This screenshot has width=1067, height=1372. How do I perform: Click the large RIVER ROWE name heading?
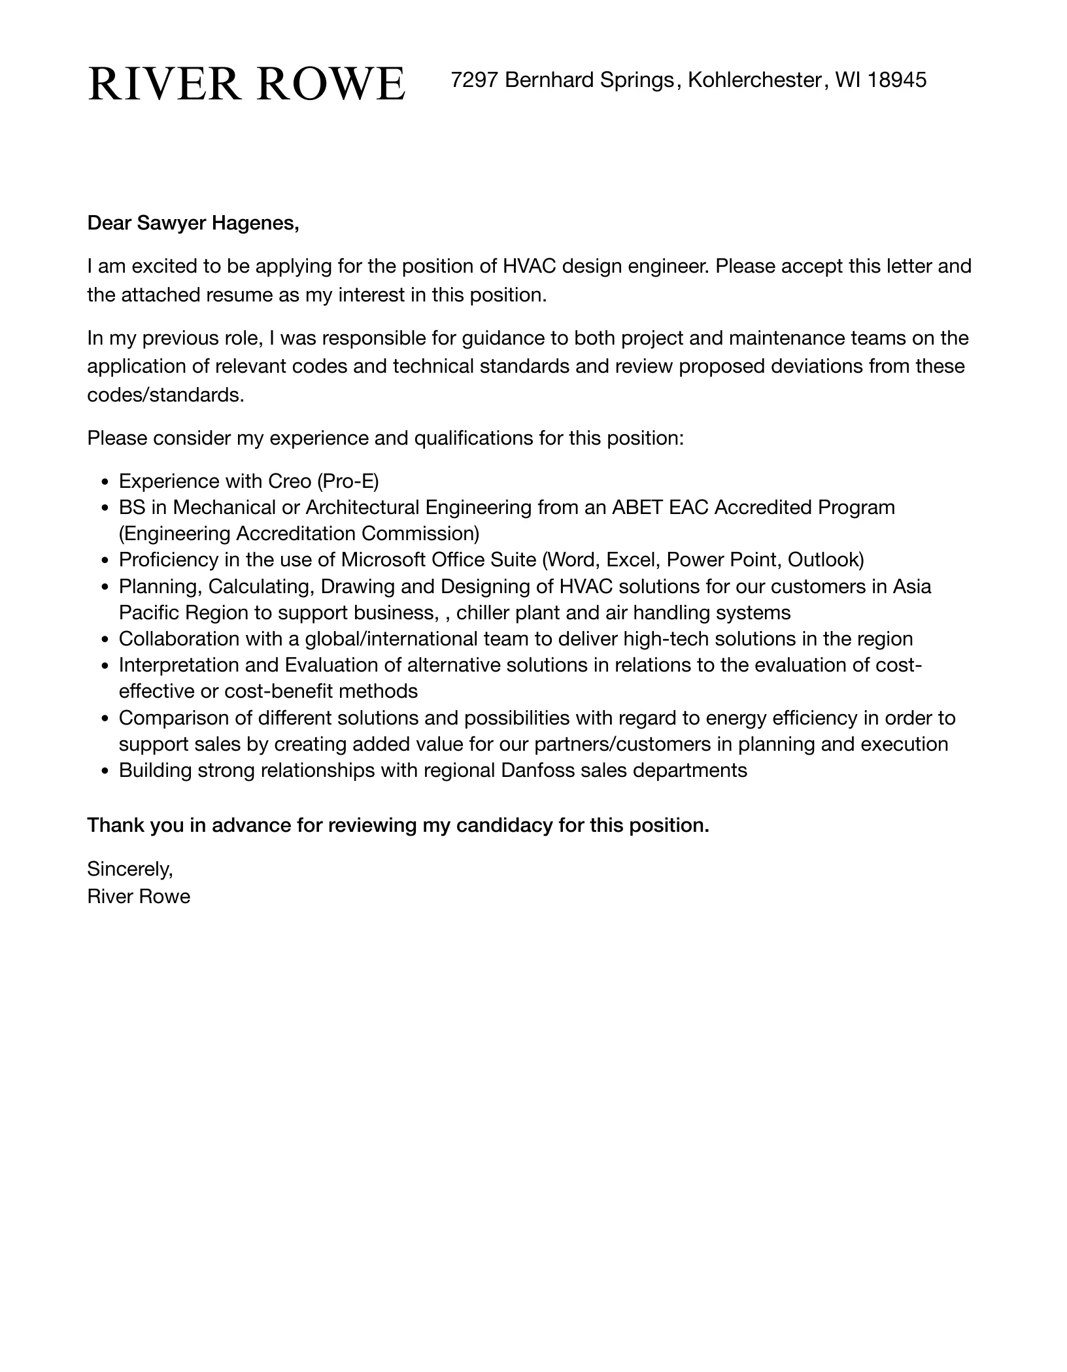coord(246,84)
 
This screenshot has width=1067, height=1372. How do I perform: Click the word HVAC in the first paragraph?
coord(530,266)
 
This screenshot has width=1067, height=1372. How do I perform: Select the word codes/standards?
coord(165,395)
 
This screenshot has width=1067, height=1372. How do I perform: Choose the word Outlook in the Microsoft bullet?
coord(826,560)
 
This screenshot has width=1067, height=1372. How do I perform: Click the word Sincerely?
coord(129,869)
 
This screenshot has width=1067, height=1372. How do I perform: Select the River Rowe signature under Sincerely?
coord(139,896)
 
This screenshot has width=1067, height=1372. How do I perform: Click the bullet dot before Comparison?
coord(105,719)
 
